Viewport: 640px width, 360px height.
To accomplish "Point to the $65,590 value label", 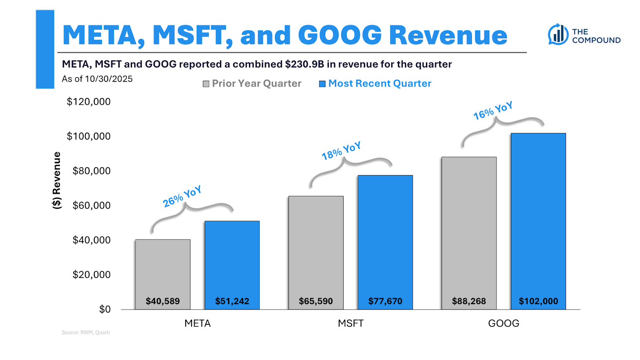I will (x=316, y=301).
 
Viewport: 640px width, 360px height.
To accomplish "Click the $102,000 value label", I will (x=538, y=301).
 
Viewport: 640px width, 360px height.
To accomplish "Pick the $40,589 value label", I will (x=163, y=301).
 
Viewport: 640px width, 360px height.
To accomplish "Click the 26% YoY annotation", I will (x=182, y=196).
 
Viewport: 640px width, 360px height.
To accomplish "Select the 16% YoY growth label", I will (x=493, y=111).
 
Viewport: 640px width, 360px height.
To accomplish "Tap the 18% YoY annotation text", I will (x=341, y=151).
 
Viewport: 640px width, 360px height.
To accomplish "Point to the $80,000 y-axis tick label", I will (x=91, y=171).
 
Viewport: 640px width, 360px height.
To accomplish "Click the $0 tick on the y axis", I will (x=105, y=309).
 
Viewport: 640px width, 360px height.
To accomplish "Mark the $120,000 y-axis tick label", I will (x=88, y=102).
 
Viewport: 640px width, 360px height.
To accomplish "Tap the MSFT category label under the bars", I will (x=350, y=323).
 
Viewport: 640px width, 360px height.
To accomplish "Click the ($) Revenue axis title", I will (x=57, y=180).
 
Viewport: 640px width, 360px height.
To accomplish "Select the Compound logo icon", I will (x=558, y=34).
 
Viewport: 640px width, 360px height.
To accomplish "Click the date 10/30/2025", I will (x=109, y=79).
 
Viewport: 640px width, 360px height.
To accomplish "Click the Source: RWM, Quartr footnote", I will (x=86, y=332).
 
